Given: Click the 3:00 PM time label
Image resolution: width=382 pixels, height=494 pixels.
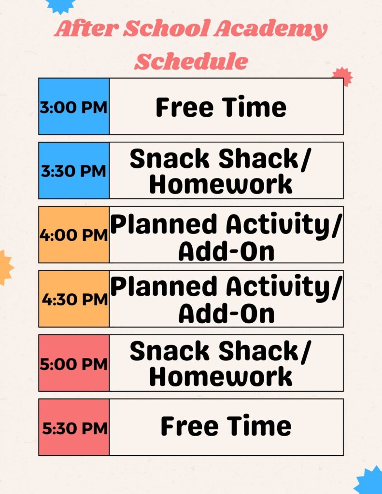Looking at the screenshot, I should tap(73, 107).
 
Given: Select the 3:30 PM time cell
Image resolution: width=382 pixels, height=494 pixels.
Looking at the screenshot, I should tap(73, 171).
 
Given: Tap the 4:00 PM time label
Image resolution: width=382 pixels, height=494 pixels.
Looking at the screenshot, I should tap(73, 235).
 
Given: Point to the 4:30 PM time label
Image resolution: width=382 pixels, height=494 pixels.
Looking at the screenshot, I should tap(74, 300).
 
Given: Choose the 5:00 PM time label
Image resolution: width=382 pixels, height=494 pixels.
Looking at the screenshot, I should tap(73, 364).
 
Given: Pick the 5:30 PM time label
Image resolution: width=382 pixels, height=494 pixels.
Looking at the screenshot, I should tap(74, 428).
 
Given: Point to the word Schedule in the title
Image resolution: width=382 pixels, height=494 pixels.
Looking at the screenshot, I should tap(191, 61).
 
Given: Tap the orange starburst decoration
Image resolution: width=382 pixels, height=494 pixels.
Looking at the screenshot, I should tap(5, 267).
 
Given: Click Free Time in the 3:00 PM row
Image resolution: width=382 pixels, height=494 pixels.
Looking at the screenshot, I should tap(221, 107).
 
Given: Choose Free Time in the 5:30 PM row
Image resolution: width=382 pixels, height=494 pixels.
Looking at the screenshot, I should tap(226, 426).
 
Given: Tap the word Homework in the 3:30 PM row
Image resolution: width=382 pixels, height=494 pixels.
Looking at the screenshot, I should tap(221, 184).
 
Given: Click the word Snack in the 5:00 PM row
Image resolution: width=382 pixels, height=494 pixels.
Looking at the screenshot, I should tap(169, 351).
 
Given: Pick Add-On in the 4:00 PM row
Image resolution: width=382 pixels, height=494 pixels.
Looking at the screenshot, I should tap(226, 251).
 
